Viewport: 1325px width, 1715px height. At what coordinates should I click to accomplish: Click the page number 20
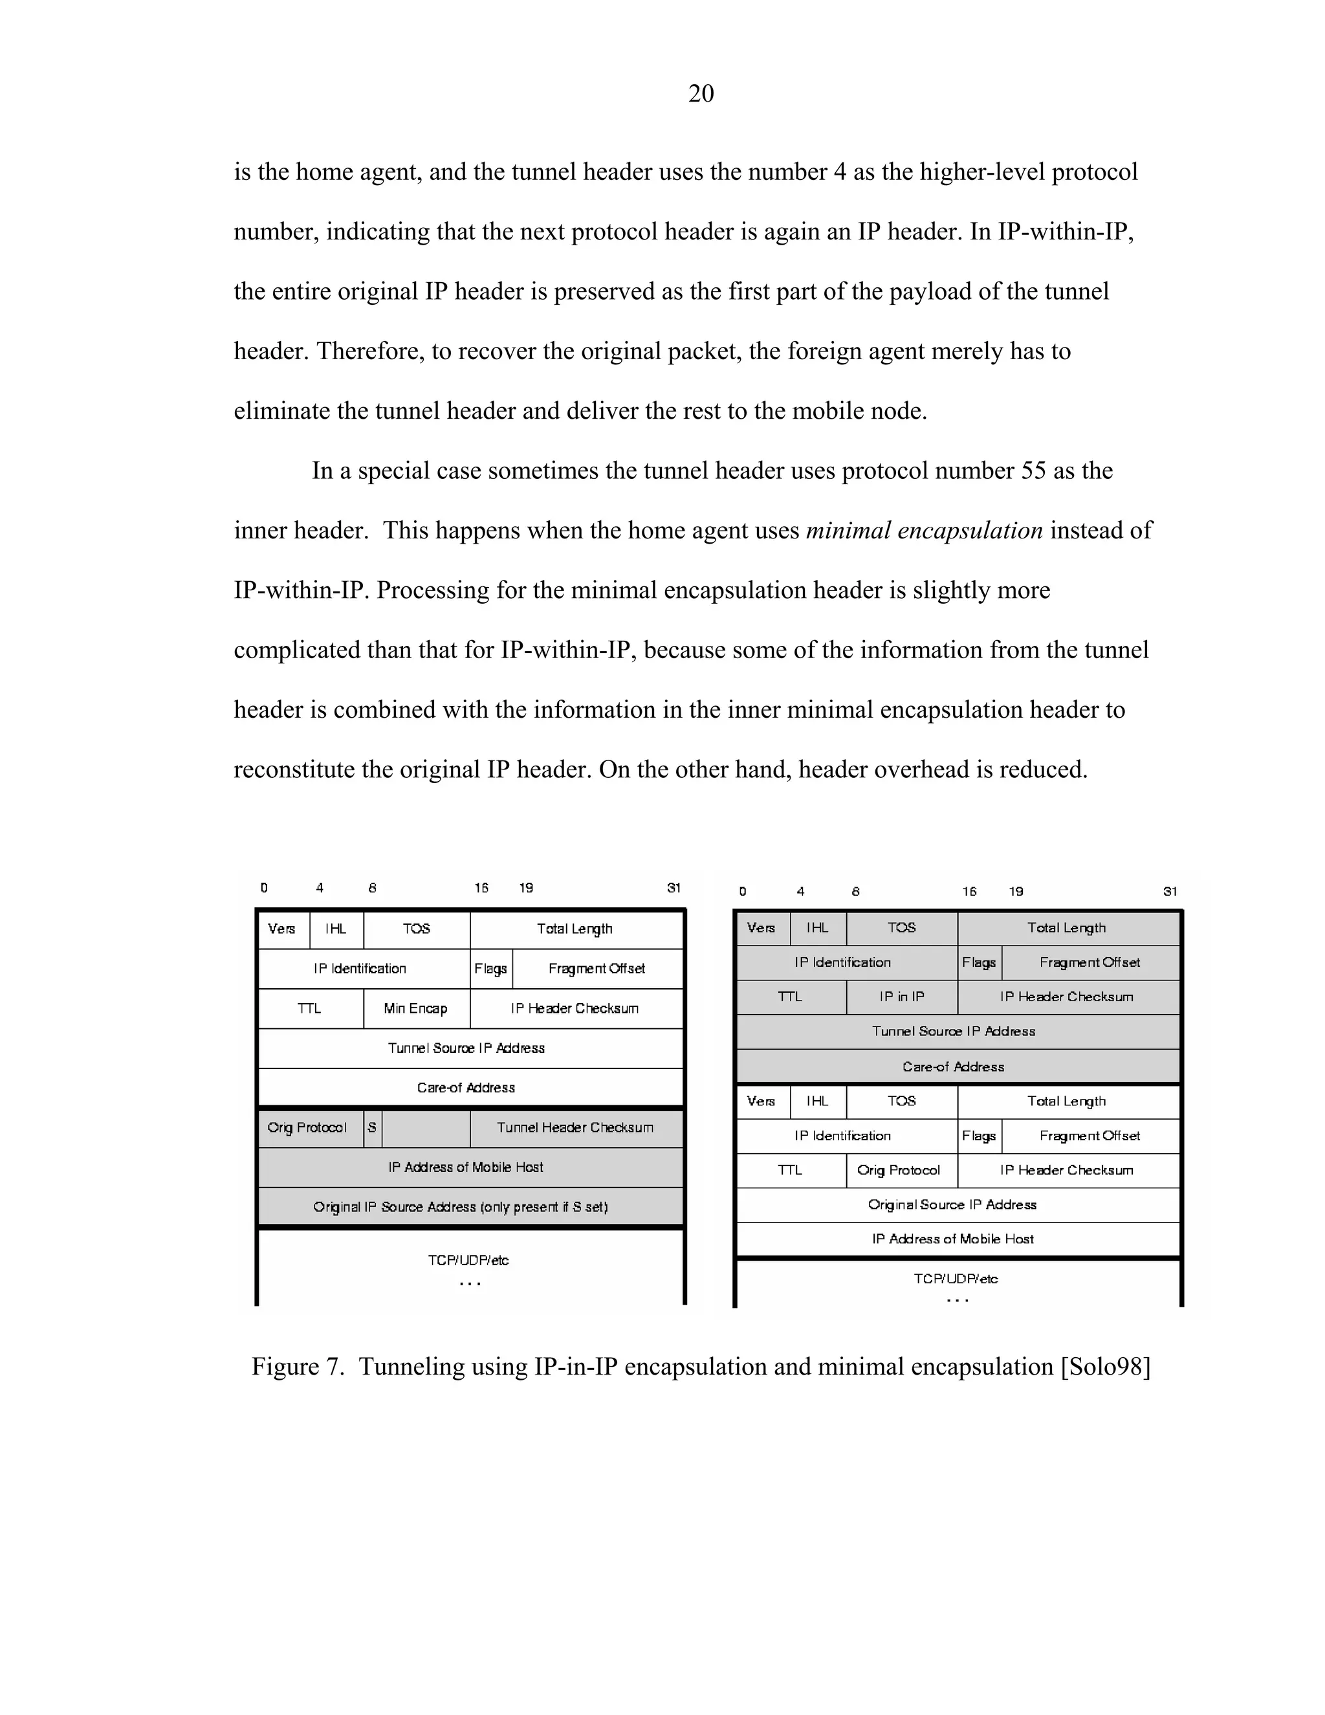[x=701, y=93]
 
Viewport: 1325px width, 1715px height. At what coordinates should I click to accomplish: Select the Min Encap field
[x=416, y=1008]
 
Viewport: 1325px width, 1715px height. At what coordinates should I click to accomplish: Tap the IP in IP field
[x=902, y=997]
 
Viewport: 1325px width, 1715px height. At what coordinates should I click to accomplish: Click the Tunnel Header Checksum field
[x=575, y=1127]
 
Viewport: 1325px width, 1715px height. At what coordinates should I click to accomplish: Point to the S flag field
[x=372, y=1127]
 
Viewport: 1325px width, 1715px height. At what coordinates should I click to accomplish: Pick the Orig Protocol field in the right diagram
[x=899, y=1170]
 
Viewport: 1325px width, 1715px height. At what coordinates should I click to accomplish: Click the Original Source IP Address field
[x=952, y=1204]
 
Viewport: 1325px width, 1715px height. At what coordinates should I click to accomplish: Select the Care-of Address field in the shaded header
[x=954, y=1067]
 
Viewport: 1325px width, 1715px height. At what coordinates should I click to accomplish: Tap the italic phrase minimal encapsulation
[x=924, y=531]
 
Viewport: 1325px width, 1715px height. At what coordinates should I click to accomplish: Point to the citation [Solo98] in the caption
[x=1105, y=1366]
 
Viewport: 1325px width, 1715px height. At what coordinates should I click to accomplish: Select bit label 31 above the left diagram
[x=673, y=888]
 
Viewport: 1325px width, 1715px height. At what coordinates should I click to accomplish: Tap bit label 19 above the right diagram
[x=1016, y=891]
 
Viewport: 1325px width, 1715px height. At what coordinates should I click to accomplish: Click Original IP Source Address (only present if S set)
[x=461, y=1207]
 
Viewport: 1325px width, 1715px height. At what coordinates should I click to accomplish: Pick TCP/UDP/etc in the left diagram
[x=468, y=1260]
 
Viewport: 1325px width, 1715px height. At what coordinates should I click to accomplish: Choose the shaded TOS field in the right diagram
[x=902, y=927]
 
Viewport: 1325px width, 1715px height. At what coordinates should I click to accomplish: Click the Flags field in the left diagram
[x=490, y=969]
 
